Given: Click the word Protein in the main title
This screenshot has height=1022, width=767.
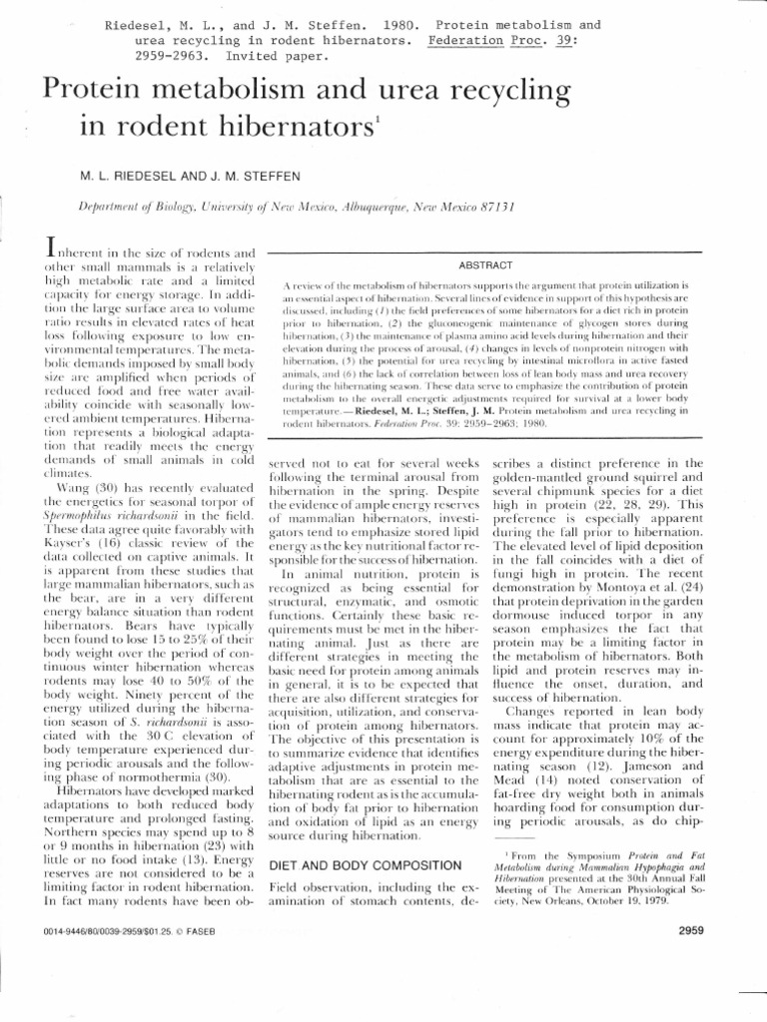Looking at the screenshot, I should point(100,94).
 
